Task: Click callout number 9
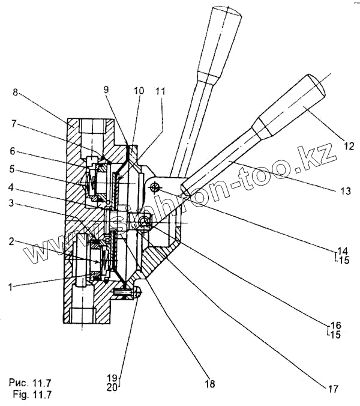click(x=106, y=89)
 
